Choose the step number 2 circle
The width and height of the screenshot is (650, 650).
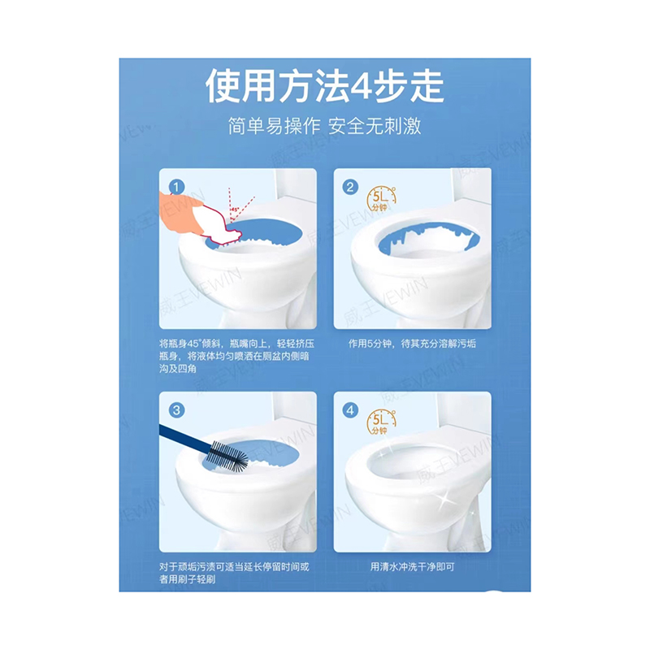350,187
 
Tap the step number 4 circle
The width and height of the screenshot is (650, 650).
350,410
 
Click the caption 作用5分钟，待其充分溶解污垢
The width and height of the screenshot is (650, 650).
412,344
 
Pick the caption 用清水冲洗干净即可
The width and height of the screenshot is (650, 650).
412,566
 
